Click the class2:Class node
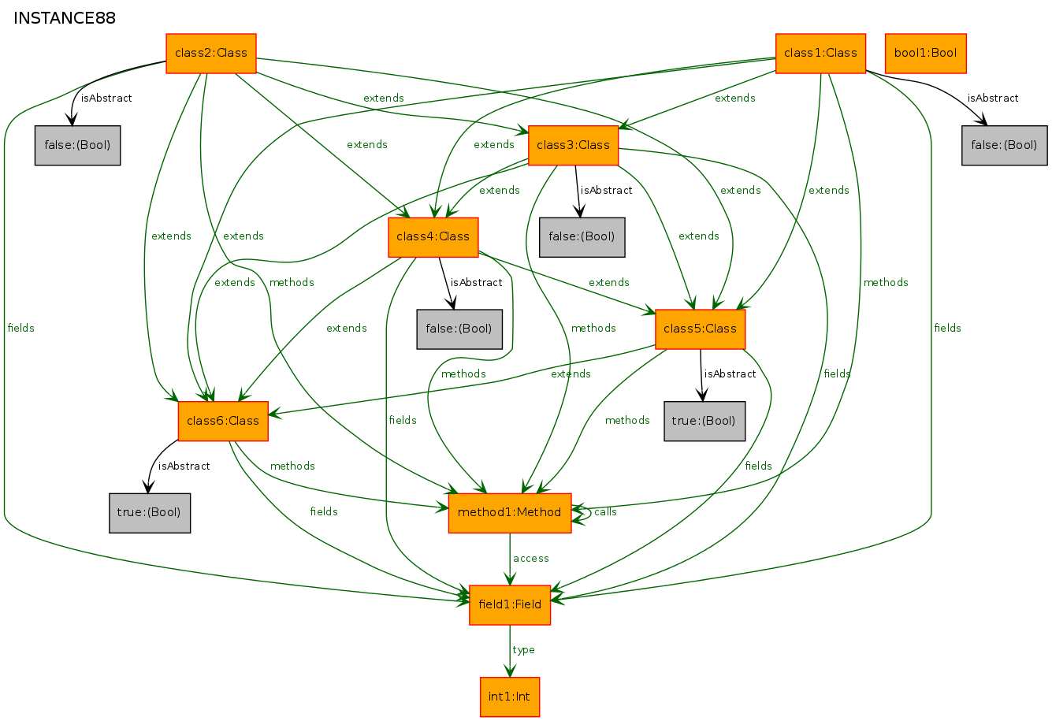click(211, 54)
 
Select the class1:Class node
click(820, 54)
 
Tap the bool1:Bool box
click(926, 54)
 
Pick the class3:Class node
click(573, 146)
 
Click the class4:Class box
click(433, 237)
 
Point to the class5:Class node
click(701, 329)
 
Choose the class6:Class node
click(223, 422)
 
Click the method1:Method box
click(510, 513)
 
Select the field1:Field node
click(510, 605)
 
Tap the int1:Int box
click(510, 697)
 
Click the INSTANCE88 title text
click(65, 18)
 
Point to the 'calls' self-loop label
click(605, 512)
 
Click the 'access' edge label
click(530, 559)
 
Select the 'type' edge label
click(524, 650)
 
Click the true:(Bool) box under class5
click(704, 422)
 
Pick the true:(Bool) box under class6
click(150, 513)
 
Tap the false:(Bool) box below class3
click(582, 237)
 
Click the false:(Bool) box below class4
click(459, 329)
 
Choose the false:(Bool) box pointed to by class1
click(1005, 146)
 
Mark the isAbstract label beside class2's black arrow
click(106, 98)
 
